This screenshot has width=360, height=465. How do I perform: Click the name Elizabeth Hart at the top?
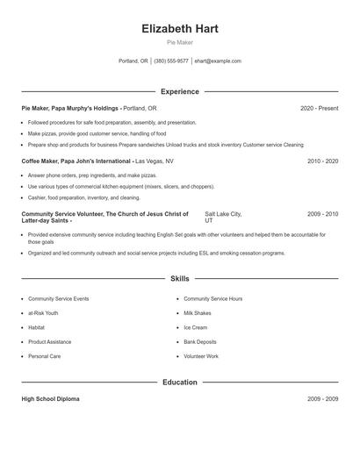[x=180, y=29]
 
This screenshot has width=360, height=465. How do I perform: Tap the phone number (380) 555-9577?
[x=171, y=61]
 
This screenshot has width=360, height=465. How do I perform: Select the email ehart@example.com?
[x=218, y=61]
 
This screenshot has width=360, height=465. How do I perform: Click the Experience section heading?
[x=180, y=91]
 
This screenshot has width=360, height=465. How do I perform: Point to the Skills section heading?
[x=180, y=278]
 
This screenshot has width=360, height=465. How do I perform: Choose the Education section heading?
[x=180, y=383]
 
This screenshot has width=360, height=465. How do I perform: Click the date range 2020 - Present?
[x=319, y=108]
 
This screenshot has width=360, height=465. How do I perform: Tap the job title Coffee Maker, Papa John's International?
[x=77, y=161]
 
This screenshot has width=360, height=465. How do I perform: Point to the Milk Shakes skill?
[x=198, y=313]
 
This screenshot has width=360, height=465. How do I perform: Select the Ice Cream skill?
[x=197, y=327]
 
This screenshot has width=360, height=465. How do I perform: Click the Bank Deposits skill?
[x=200, y=342]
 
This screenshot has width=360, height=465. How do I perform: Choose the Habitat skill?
[x=38, y=327]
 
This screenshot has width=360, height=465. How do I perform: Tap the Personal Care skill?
[x=44, y=356]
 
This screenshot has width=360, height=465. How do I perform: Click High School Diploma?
[x=50, y=399]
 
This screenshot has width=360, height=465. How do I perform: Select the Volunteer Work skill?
[x=201, y=356]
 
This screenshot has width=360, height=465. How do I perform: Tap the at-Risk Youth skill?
[x=43, y=313]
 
